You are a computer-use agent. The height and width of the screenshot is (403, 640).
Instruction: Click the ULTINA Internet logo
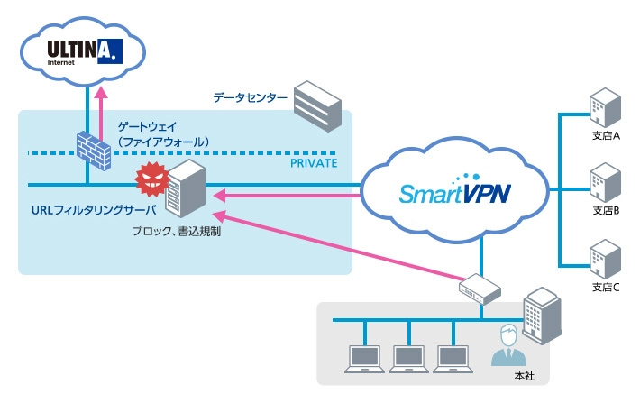tap(85, 52)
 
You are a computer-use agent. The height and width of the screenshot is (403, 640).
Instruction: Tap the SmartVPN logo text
tap(454, 192)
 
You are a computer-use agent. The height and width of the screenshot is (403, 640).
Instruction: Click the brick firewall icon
tap(94, 151)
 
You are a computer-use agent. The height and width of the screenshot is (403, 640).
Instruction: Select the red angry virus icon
tap(151, 179)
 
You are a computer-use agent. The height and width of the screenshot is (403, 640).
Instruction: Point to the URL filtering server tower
tap(186, 188)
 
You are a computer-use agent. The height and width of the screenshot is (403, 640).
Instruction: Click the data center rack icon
tap(317, 105)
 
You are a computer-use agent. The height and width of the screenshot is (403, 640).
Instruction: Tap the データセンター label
tap(251, 97)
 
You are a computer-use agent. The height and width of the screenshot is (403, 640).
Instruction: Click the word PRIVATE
tap(314, 163)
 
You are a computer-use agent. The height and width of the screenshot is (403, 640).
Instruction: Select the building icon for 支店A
tap(605, 108)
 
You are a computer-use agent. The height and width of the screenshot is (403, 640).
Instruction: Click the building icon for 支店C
tap(605, 260)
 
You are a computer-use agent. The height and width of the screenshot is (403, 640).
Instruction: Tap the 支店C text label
tap(606, 287)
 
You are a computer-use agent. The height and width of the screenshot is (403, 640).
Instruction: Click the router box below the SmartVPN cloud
tap(480, 289)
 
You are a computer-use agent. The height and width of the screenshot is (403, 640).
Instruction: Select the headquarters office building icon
tap(542, 316)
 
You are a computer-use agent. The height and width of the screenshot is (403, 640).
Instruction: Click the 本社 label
tap(524, 376)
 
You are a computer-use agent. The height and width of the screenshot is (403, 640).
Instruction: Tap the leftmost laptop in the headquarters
tap(364, 360)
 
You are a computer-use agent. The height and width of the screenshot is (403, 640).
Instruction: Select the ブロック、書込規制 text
tap(177, 231)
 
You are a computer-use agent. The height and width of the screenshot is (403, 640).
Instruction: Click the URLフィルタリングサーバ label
tap(94, 210)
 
